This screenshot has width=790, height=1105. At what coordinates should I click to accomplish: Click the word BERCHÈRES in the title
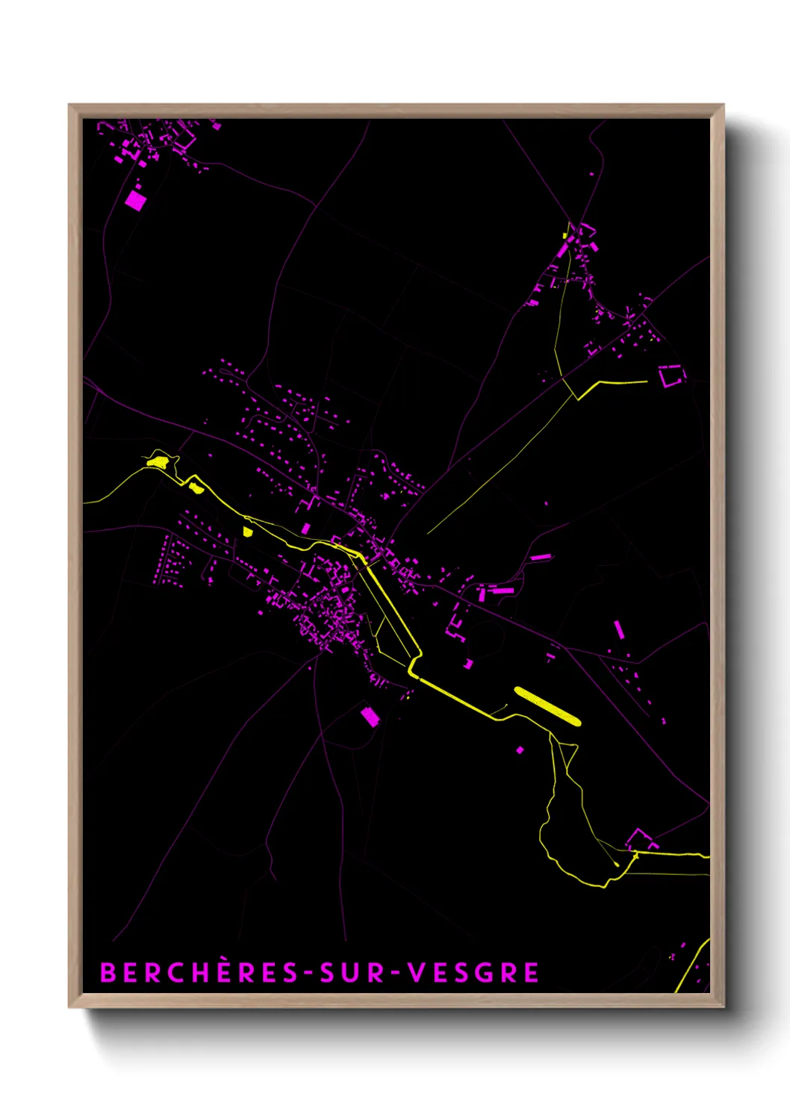pyautogui.click(x=198, y=973)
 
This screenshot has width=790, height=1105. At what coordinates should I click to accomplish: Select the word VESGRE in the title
pyautogui.click(x=473, y=973)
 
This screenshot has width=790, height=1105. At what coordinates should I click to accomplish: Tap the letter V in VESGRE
pyautogui.click(x=417, y=973)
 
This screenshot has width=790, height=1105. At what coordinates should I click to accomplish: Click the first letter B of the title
pyautogui.click(x=108, y=973)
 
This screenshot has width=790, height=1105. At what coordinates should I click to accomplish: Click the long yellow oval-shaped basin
pyautogui.click(x=547, y=706)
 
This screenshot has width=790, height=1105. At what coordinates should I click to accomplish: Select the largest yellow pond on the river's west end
pyautogui.click(x=158, y=461)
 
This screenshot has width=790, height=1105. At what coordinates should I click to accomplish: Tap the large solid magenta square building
pyautogui.click(x=135, y=200)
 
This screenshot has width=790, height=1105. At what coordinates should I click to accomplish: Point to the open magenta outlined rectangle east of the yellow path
pyautogui.click(x=671, y=376)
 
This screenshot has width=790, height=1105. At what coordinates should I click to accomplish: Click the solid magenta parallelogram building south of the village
pyautogui.click(x=370, y=717)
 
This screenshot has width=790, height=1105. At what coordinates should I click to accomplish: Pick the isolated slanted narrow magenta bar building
pyautogui.click(x=618, y=629)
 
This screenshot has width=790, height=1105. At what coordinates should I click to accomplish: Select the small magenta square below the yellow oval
pyautogui.click(x=520, y=750)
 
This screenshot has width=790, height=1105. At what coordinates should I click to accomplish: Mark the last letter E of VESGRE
pyautogui.click(x=531, y=973)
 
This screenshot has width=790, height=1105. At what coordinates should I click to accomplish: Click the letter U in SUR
pyautogui.click(x=353, y=973)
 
